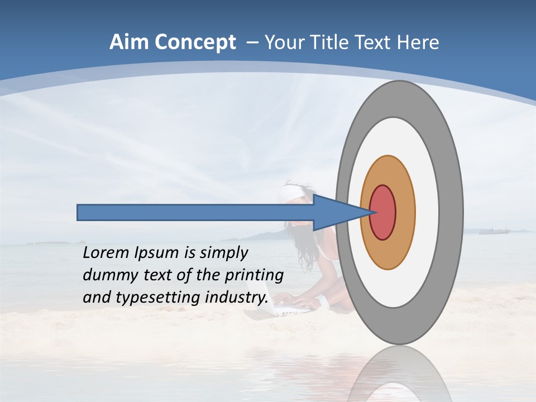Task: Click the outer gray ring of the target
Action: [x=452, y=212]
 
